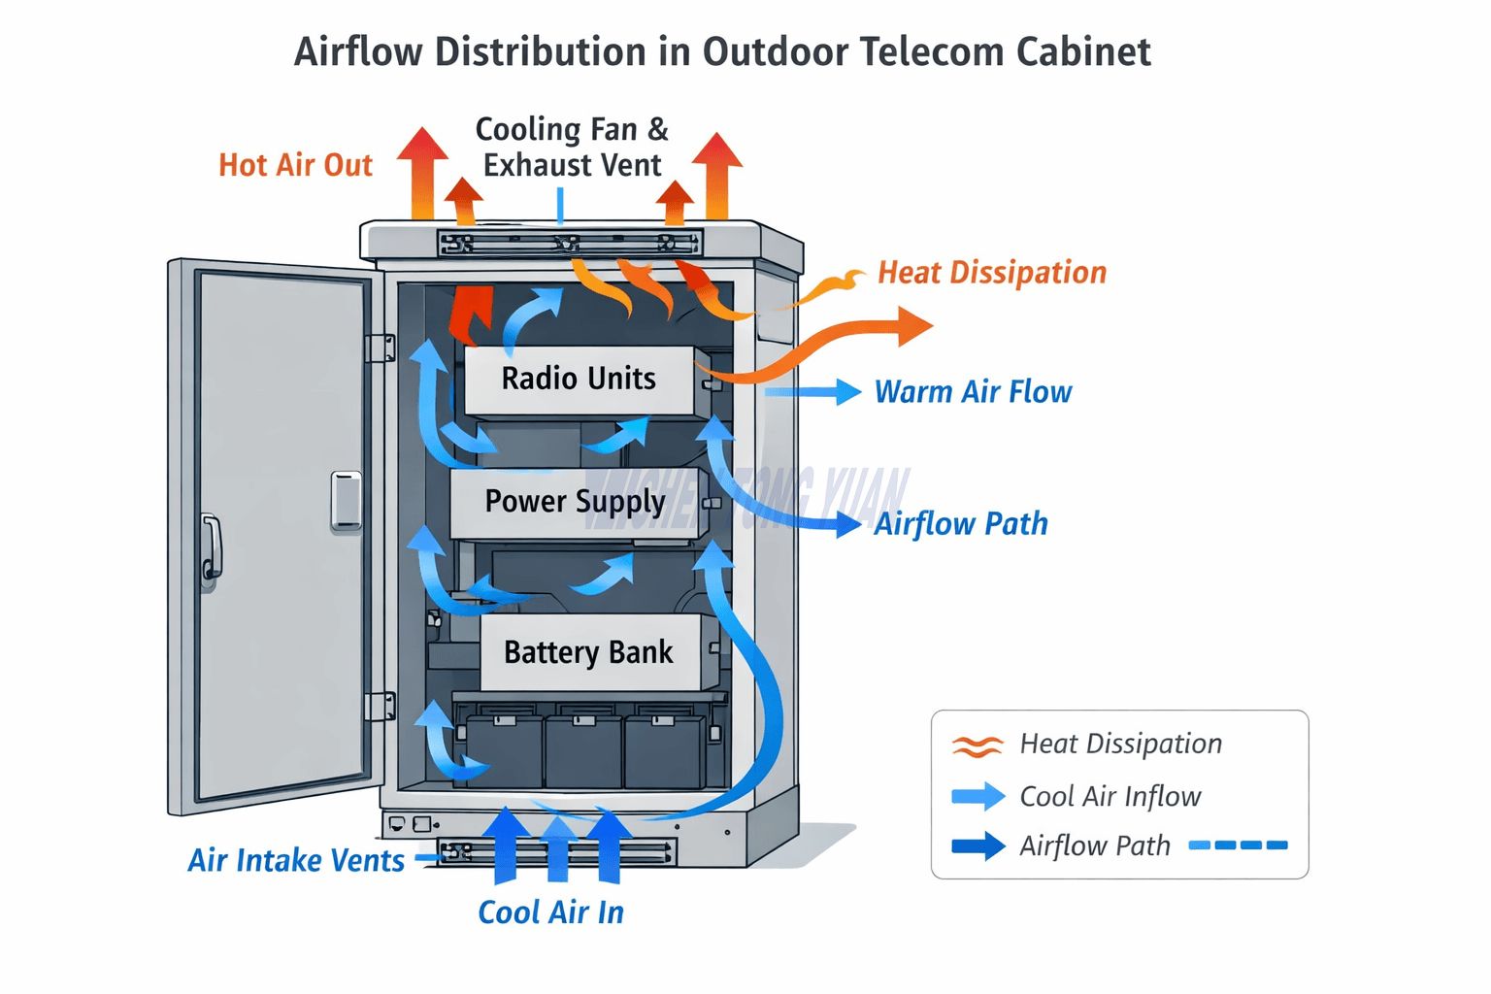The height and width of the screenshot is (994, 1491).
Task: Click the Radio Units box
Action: click(x=579, y=380)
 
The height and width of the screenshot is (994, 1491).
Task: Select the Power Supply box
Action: click(x=575, y=502)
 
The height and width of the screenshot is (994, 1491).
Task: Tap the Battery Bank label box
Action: click(x=588, y=652)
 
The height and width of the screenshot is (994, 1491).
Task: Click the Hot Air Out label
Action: click(x=295, y=166)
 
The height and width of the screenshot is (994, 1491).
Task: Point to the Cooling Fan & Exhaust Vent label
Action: click(x=572, y=148)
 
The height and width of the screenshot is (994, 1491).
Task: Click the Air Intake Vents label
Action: click(x=296, y=860)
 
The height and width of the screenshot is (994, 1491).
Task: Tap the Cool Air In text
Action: click(x=550, y=912)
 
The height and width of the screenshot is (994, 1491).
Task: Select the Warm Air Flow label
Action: click(x=973, y=392)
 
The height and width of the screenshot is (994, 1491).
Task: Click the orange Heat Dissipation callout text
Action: click(x=991, y=273)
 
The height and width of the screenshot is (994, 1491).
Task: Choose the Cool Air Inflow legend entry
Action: click(x=1110, y=796)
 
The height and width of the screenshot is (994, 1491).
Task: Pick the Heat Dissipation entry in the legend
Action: click(x=1119, y=744)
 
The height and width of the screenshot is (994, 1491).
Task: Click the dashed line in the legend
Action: click(x=1239, y=845)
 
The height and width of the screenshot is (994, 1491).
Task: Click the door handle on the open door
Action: click(x=211, y=548)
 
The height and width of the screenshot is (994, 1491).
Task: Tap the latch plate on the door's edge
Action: click(x=347, y=501)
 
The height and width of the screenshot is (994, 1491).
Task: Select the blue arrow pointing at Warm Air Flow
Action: click(x=813, y=391)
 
